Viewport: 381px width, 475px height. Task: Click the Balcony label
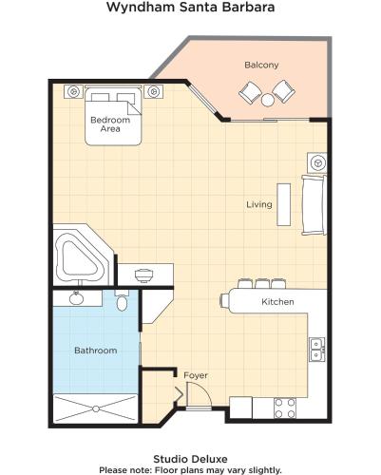[261, 65]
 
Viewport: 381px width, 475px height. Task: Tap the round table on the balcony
[268, 100]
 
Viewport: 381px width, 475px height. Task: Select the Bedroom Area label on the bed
[110, 124]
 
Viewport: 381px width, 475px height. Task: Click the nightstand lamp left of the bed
[74, 92]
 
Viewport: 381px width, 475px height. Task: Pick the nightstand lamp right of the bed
[154, 92]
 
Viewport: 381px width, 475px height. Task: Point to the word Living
[259, 204]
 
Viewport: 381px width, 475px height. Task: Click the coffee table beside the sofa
[284, 204]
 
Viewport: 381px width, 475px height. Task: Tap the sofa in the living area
[314, 205]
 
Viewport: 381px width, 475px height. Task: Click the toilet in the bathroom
[122, 301]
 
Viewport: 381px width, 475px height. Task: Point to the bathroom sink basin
[76, 298]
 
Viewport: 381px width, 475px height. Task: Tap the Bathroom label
[96, 351]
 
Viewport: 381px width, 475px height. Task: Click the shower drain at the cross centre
[96, 408]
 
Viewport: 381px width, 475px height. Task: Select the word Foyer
[196, 375]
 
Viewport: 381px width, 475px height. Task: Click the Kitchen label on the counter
[277, 301]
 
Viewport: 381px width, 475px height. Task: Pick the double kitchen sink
[317, 350]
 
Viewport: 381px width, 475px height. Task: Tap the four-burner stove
[285, 408]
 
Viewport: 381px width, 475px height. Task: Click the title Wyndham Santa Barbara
[190, 7]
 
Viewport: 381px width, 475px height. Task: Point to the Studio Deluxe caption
[190, 459]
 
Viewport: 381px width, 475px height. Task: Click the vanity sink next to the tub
[144, 275]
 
